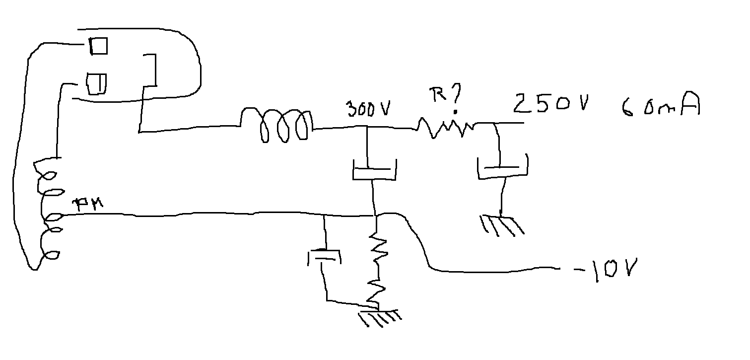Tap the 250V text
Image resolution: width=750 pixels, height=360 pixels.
tap(551, 103)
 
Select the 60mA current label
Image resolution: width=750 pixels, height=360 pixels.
tap(660, 105)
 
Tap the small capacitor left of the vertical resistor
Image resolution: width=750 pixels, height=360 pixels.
tap(324, 257)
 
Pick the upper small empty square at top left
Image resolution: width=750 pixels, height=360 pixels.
tap(98, 46)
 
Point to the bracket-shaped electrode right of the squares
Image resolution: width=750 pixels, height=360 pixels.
tap(150, 72)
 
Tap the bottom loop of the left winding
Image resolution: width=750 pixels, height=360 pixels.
tap(50, 255)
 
